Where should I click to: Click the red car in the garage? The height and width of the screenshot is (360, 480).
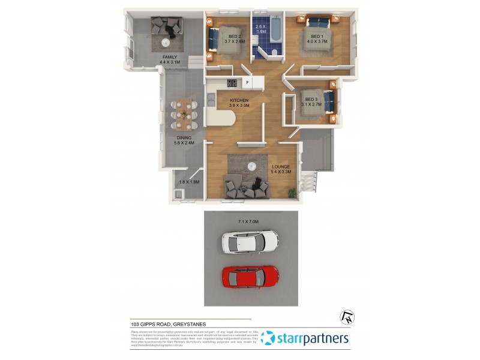click(251, 277)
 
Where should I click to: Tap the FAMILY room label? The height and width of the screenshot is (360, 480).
click(170, 57)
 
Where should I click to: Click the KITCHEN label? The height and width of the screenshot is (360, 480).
click(239, 100)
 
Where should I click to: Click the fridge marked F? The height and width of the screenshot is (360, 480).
click(247, 83)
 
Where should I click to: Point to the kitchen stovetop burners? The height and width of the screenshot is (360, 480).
click(230, 83)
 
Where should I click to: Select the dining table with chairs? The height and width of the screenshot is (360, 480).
click(184, 113)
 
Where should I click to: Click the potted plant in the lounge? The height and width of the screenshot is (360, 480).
click(292, 193)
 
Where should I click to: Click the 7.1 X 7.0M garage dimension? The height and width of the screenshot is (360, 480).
click(248, 221)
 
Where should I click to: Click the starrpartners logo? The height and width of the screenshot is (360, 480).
click(305, 339)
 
